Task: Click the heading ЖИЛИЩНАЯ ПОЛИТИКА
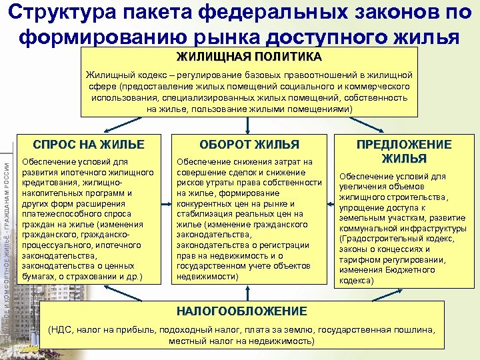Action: [x=249, y=56]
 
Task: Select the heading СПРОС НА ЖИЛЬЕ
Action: [x=89, y=144]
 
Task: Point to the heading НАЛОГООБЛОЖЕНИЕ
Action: [x=241, y=311]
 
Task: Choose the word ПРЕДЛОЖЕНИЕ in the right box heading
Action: [x=404, y=145]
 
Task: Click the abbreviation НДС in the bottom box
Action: [x=63, y=329]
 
